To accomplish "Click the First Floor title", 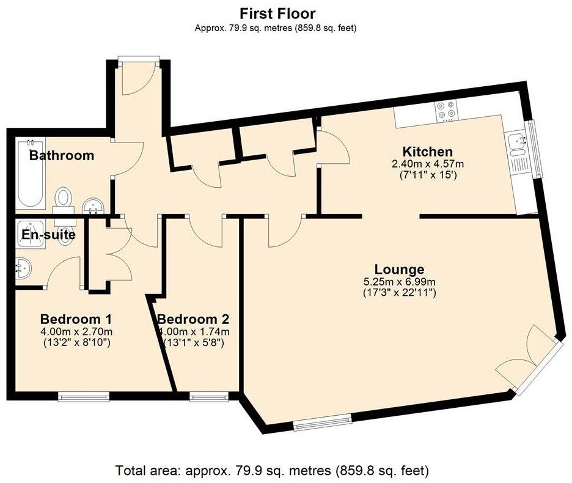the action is click(x=277, y=14).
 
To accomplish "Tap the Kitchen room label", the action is click(x=428, y=152).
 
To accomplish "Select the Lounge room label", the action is click(x=400, y=270).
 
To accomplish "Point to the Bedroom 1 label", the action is click(x=76, y=319).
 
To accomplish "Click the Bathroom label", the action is click(x=62, y=155).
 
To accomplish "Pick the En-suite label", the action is click(x=48, y=234).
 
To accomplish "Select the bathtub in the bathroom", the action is click(x=31, y=174).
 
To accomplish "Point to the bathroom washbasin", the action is click(x=94, y=206).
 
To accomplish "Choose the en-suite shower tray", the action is click(x=31, y=234).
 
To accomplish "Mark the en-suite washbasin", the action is click(x=23, y=269).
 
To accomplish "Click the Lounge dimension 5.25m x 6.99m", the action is click(x=400, y=282).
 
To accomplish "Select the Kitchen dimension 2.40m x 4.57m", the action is click(x=428, y=164).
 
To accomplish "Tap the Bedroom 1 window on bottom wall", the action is click(x=84, y=396).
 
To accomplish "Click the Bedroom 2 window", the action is click(x=208, y=396).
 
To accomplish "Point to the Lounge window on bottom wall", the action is click(x=323, y=422).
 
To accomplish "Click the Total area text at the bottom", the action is click(x=272, y=470).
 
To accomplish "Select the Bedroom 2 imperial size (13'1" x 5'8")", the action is click(x=193, y=343).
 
